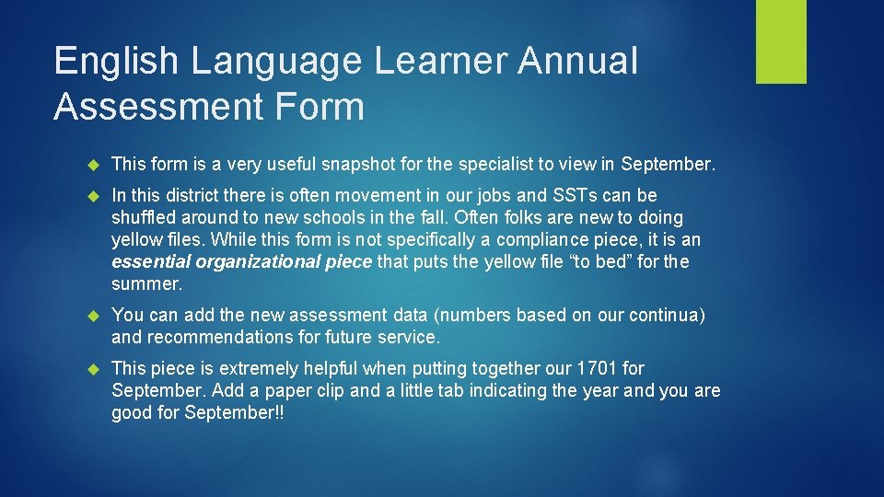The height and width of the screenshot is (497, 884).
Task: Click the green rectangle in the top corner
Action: pos(781,41)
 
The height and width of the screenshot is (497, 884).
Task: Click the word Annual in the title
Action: pos(577,62)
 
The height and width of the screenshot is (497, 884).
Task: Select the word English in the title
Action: pos(116,62)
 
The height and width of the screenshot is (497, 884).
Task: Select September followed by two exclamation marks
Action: pos(234,413)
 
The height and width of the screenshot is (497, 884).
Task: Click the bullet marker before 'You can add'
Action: pos(92,316)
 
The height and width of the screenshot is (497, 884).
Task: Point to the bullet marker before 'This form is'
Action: pos(92,165)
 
